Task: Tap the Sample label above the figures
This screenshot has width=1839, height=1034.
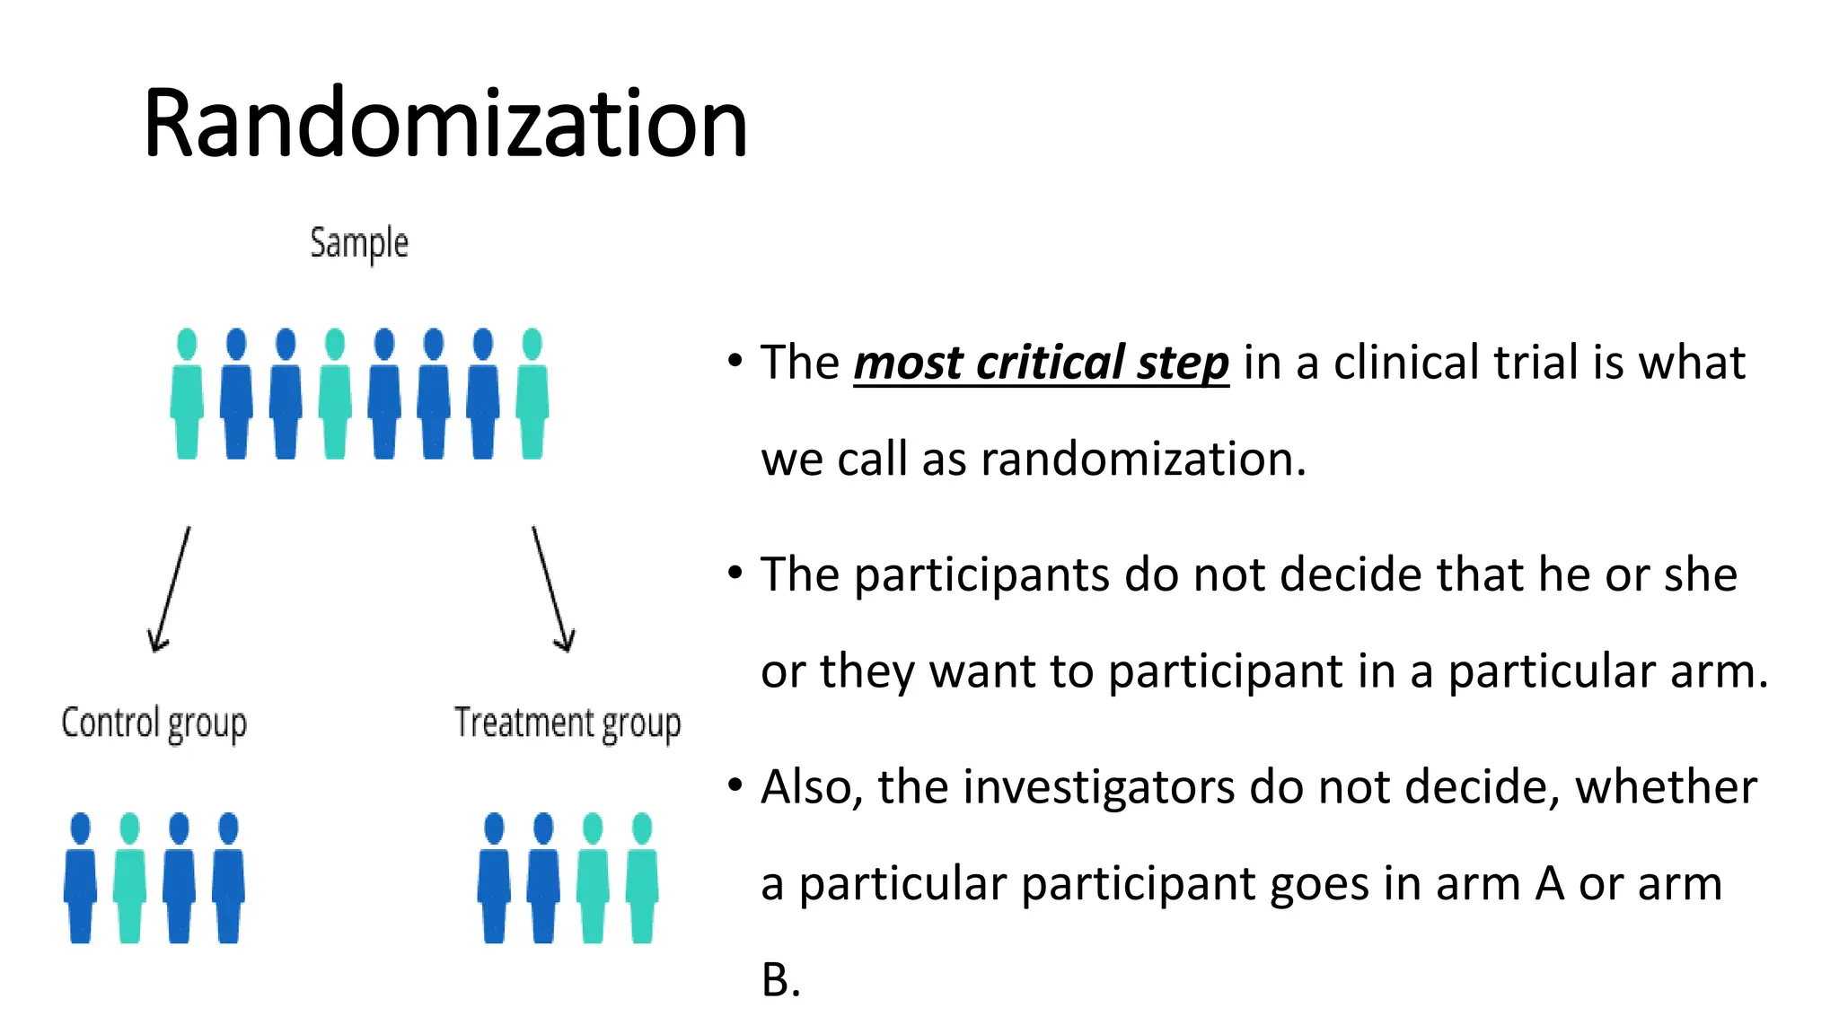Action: pos(359,243)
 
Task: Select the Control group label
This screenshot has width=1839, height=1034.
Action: pos(154,723)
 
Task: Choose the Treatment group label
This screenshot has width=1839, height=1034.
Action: pos(567,723)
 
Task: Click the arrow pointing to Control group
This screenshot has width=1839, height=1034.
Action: pos(171,588)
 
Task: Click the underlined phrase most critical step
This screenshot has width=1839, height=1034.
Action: pos(1041,363)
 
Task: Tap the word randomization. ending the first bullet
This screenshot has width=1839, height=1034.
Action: pos(1143,460)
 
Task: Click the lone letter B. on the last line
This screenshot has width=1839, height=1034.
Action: pos(779,980)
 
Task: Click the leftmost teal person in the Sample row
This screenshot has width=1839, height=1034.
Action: pos(187,395)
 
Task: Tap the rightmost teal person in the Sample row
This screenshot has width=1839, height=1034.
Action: pos(532,395)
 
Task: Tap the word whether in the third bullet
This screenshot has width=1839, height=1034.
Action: pos(1666,787)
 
